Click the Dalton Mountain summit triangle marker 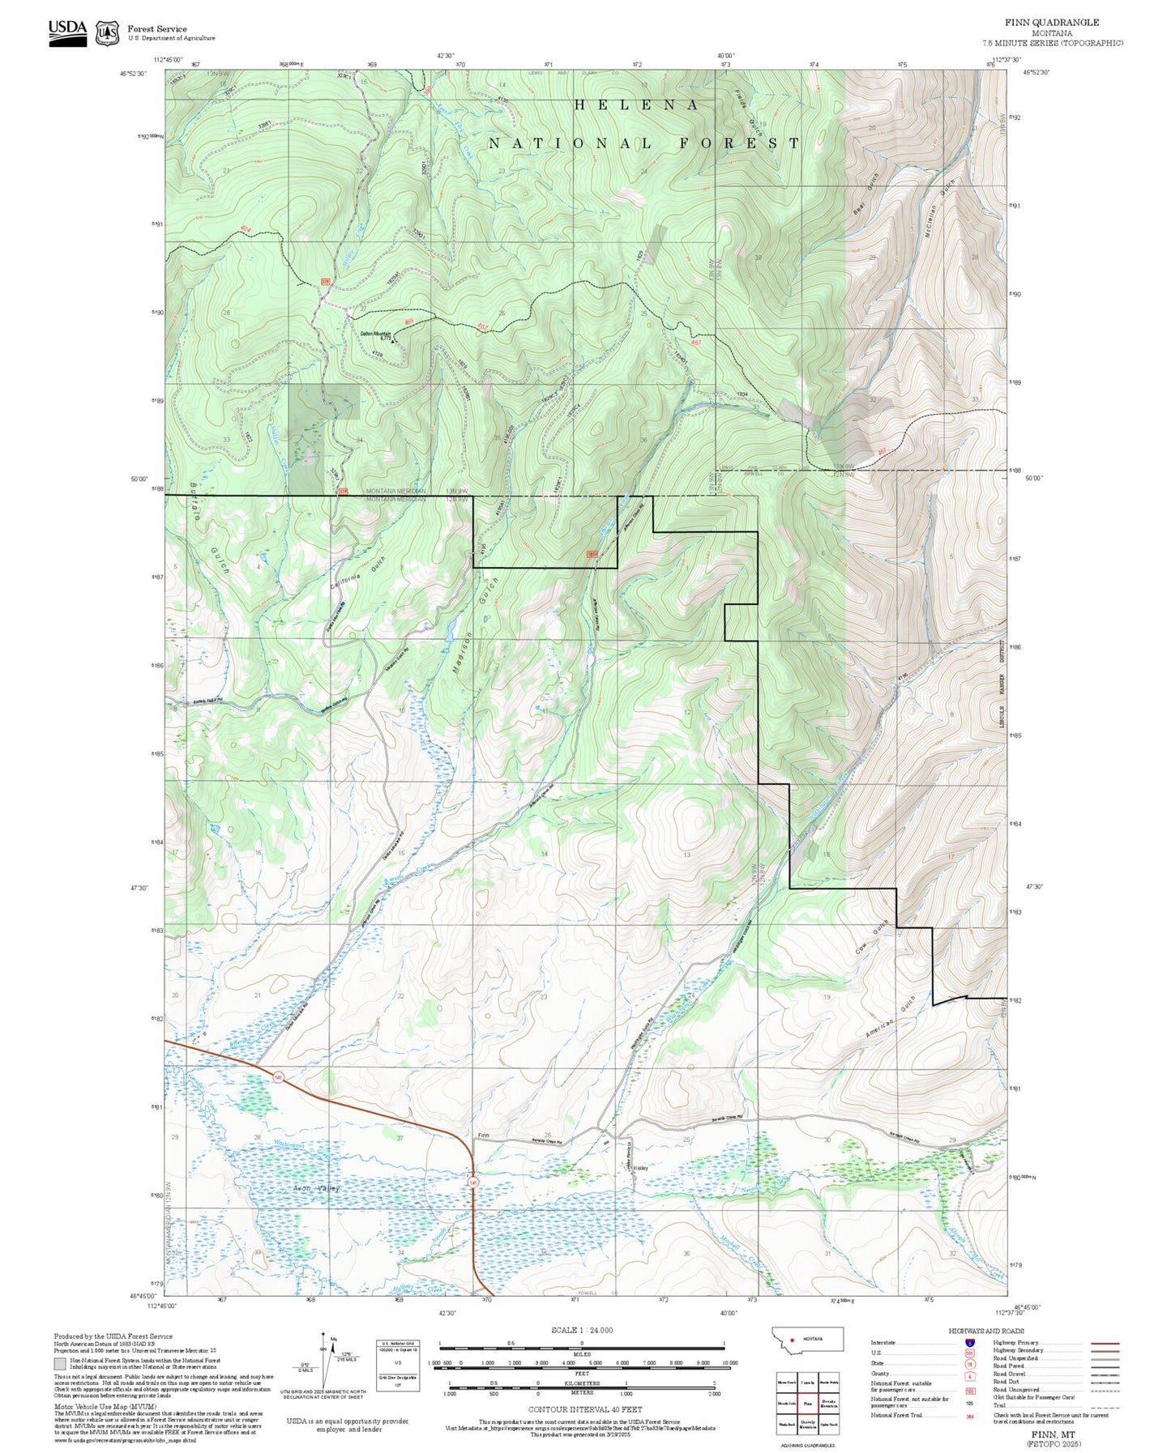(x=393, y=341)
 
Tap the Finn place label (x=484, y=1136)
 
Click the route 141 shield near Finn (x=472, y=1183)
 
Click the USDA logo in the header (x=67, y=32)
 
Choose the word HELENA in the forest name (x=636, y=105)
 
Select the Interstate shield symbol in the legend (x=970, y=1343)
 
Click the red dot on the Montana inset (x=793, y=1338)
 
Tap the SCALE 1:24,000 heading (x=581, y=1330)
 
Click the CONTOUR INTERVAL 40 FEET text (x=584, y=1410)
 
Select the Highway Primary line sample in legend (x=1105, y=1343)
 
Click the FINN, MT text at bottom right (x=1053, y=1433)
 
